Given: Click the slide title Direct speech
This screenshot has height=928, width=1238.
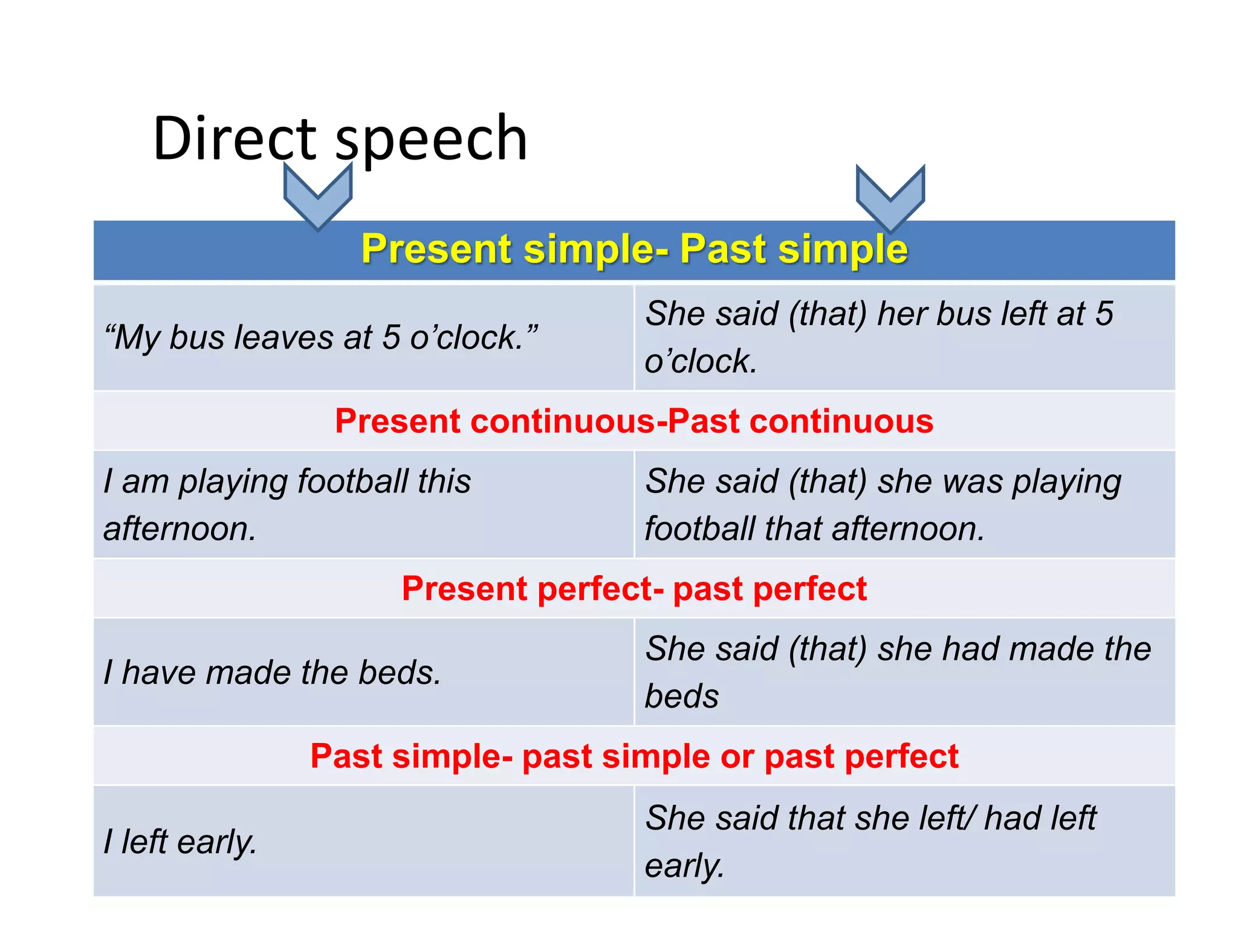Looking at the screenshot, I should click(x=340, y=138).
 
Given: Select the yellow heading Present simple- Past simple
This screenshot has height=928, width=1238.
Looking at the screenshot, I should click(x=634, y=249).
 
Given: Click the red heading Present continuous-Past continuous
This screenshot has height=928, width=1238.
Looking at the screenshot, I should click(x=634, y=421).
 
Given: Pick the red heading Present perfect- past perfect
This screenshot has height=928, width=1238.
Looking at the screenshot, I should click(x=634, y=588).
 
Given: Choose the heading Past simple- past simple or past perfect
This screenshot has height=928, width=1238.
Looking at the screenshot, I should click(x=634, y=756).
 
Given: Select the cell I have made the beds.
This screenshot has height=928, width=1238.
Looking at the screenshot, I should click(x=272, y=672).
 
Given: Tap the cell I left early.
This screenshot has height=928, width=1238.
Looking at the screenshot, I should click(x=180, y=842).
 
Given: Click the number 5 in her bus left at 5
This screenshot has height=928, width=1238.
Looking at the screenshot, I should click(x=1104, y=314).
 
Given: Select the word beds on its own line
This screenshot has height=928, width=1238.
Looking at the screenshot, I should click(x=682, y=696).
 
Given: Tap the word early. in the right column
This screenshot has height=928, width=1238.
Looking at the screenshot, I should click(x=684, y=866).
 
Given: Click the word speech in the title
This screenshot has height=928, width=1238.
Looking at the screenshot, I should click(x=431, y=138).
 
